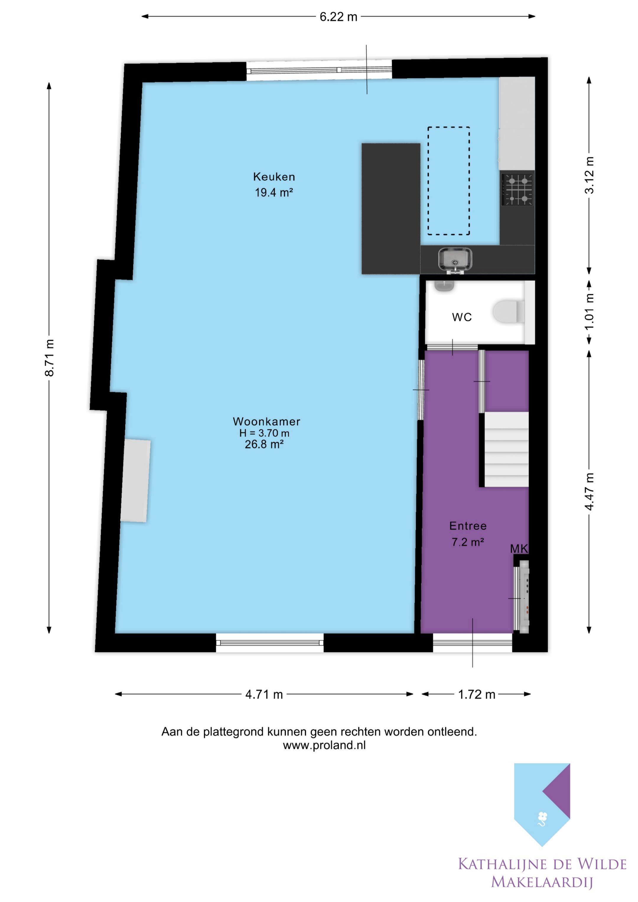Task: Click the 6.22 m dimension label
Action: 338,17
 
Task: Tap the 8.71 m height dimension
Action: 50,358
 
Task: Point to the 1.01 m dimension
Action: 589,312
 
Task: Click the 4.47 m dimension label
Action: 589,492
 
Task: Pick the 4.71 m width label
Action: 264,694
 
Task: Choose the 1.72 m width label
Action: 476,694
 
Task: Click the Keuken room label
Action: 274,177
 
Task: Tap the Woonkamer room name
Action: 266,422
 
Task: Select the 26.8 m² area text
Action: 264,444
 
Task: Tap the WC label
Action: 462,317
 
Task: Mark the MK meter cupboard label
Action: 519,549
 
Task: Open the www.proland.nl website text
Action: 324,745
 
